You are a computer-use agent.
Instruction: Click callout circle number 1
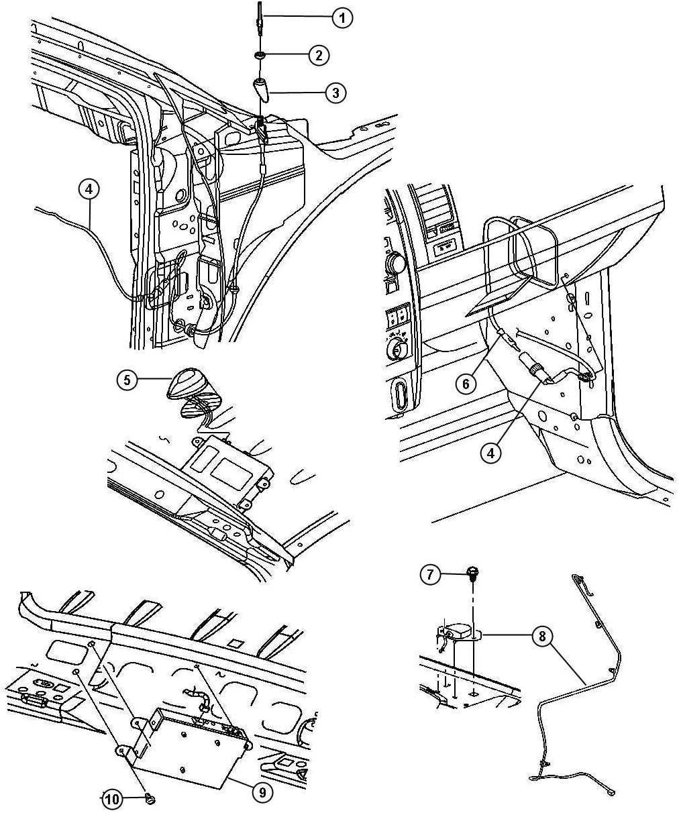coord(342,17)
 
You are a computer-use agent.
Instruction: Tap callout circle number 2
coord(319,55)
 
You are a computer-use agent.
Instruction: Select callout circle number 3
coord(335,93)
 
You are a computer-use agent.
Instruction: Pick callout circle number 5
coord(127,380)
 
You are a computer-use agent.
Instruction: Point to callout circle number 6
coord(466,384)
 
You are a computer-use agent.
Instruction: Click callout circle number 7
coord(430,585)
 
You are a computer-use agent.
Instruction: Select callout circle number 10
coord(112,800)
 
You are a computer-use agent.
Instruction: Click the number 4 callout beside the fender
coord(89,190)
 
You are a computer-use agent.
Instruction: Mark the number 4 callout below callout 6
coord(490,452)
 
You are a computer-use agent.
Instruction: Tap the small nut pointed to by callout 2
coord(259,55)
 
